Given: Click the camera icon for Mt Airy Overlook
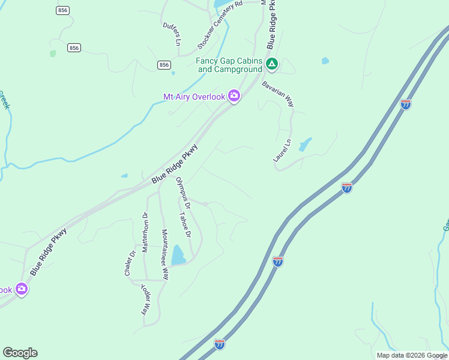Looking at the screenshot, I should tap(234, 97).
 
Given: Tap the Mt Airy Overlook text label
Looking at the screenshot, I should tap(194, 97).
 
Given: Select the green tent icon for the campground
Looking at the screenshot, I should tap(272, 64).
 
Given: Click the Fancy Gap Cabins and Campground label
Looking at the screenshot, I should tap(229, 65).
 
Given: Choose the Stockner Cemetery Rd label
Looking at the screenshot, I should tap(220, 25).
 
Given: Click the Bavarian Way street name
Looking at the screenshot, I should tap(278, 94).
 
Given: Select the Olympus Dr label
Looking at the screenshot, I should tap(183, 193).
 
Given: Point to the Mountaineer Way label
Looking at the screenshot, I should tap(164, 254).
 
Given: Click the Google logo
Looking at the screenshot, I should tap(20, 353).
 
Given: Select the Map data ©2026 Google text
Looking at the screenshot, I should tap(411, 355).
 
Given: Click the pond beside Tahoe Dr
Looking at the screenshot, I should tap(178, 255).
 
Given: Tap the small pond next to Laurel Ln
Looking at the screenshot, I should tap(306, 145).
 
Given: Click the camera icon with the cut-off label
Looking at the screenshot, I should tap(22, 290).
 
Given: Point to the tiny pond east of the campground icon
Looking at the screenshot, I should tap(325, 61).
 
